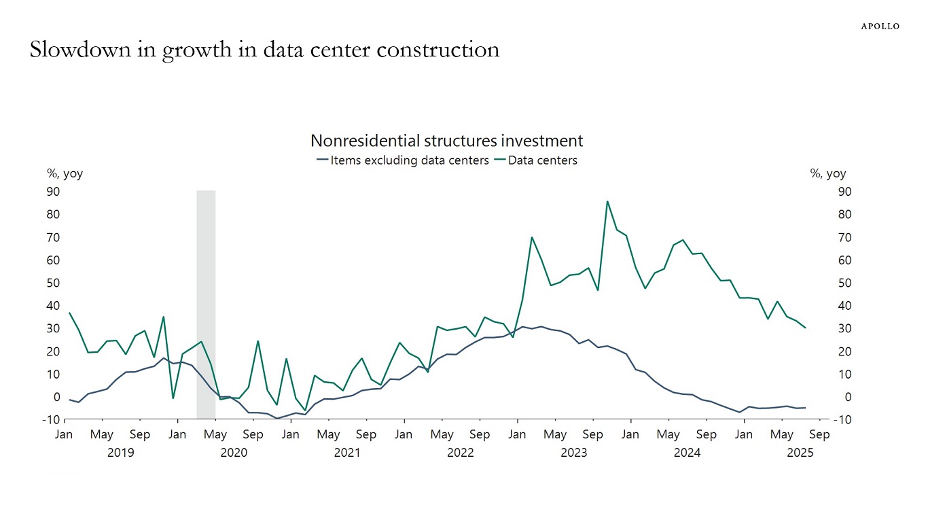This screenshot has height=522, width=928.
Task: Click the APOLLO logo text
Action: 880,26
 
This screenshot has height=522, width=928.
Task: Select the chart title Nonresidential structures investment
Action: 446,141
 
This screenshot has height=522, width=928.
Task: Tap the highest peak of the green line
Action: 607,201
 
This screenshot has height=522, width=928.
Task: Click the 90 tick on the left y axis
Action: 52,192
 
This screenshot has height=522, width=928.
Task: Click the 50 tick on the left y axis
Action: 52,283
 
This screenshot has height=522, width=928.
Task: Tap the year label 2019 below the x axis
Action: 120,453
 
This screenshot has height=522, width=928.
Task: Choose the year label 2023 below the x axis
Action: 573,453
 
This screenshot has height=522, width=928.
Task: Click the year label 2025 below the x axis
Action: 800,453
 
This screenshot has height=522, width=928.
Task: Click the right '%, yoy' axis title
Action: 828,173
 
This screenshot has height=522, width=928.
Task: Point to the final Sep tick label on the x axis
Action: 819,434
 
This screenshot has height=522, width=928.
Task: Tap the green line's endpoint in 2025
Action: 805,328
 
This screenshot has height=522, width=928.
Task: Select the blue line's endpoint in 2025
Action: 805,408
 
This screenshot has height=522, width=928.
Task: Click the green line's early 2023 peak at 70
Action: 532,237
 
